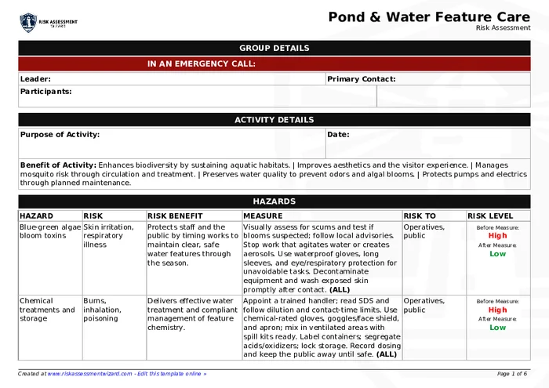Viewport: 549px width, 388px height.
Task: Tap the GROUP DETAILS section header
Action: point(274,49)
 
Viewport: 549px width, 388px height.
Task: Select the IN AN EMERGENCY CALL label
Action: point(201,64)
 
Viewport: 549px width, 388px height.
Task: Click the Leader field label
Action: point(35,79)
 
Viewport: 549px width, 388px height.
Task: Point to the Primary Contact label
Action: point(361,79)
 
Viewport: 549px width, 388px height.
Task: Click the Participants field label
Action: point(45,92)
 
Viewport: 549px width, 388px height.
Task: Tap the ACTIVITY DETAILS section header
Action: point(274,120)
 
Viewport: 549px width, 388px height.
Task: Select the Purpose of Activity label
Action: point(60,135)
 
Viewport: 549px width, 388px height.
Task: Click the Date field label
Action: point(338,135)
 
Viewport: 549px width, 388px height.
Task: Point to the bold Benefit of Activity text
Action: point(58,165)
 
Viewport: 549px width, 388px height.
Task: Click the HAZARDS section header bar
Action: point(274,201)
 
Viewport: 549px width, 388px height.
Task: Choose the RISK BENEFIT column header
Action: point(175,216)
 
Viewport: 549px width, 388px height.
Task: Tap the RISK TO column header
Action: point(420,216)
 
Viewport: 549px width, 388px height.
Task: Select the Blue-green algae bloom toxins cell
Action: point(50,231)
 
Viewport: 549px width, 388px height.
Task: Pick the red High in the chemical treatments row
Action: point(497,310)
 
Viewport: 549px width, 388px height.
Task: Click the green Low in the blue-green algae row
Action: point(497,254)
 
